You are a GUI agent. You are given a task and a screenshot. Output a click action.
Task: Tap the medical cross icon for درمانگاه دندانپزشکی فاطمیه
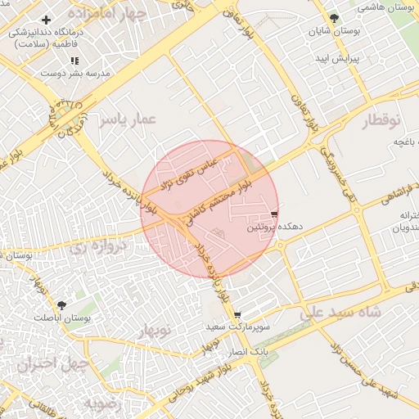coord(46,20)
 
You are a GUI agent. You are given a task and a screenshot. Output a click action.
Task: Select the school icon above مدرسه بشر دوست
coord(74,61)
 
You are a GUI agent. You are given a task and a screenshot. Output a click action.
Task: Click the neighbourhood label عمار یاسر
coord(128,121)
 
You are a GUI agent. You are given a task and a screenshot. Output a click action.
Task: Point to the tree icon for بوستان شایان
coord(333,18)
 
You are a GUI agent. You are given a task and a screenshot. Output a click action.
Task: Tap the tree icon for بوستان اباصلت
coord(61,305)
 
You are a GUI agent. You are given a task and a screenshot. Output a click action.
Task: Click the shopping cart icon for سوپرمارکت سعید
coord(237,315)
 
